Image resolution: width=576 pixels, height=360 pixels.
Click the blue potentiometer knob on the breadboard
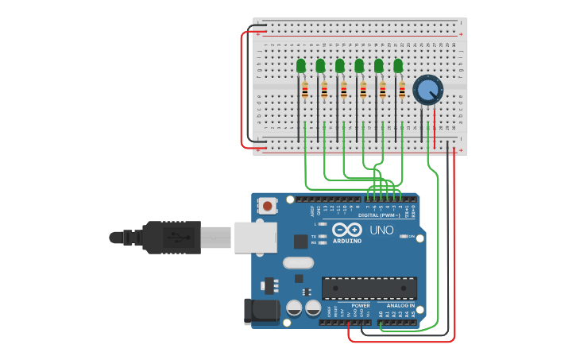[x=427, y=90]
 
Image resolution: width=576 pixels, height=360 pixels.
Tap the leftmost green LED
[x=301, y=66]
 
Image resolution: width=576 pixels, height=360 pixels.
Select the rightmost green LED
[x=398, y=66]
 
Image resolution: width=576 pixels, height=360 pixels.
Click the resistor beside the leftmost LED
[x=305, y=91]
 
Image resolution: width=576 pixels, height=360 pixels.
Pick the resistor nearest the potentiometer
[x=402, y=91]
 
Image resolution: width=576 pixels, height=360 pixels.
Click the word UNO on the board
[x=381, y=230]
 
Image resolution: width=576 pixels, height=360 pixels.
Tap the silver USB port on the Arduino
[x=255, y=237]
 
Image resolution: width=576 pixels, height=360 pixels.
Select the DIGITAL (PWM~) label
[x=379, y=215]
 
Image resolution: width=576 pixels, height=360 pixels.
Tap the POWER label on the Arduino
[x=360, y=305]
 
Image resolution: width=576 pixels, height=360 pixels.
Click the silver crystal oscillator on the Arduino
[x=298, y=262]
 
